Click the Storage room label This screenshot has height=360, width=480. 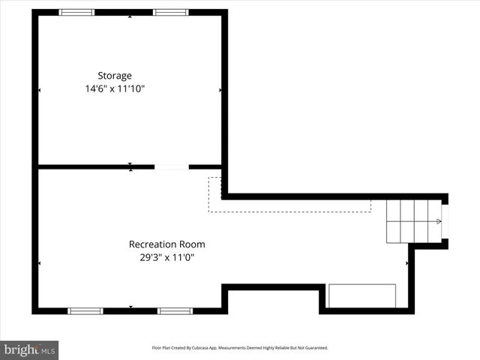(114, 75)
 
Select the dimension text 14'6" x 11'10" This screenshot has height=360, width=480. (114, 88)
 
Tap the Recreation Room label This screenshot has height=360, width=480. (166, 244)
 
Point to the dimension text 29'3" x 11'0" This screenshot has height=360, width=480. (166, 257)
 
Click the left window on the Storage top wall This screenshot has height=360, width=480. (76, 13)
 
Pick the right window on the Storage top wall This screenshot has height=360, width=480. (171, 13)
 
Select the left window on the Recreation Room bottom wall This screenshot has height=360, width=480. (85, 310)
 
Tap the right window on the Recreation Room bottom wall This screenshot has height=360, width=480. (175, 310)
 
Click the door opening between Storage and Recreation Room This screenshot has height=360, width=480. (171, 166)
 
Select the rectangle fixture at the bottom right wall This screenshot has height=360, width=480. (362, 295)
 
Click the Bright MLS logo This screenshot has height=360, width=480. (30, 349)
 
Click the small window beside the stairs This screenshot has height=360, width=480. (445, 220)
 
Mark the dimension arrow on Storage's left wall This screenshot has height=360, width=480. (39, 90)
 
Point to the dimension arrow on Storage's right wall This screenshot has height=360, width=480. (220, 90)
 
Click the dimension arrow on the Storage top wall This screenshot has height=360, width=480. (130, 16)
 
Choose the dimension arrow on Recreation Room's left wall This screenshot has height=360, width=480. (39, 262)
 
